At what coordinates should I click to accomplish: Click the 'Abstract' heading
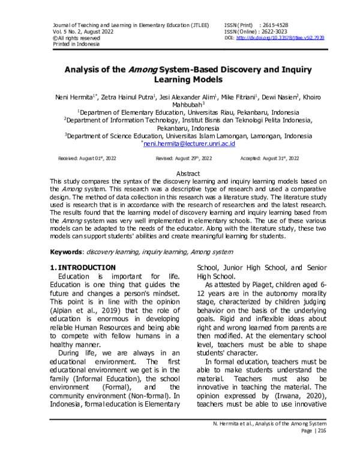coord(179,173)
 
